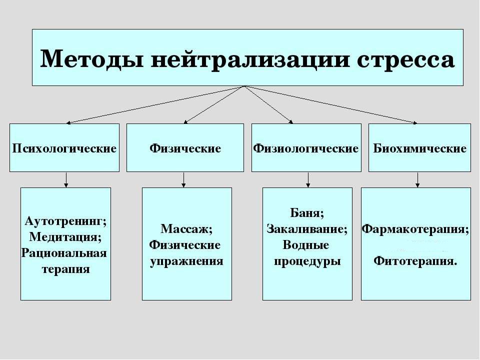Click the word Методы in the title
point(90,59)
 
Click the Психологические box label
point(64,148)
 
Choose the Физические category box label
point(185,148)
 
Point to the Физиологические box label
point(306,148)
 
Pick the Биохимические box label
point(420,148)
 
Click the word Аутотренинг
point(65,221)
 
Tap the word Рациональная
point(64,253)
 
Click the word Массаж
point(186,229)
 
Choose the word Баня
point(307,213)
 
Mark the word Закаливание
point(307,229)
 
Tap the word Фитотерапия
point(415,261)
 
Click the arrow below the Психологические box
point(65,179)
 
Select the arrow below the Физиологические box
point(307,179)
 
